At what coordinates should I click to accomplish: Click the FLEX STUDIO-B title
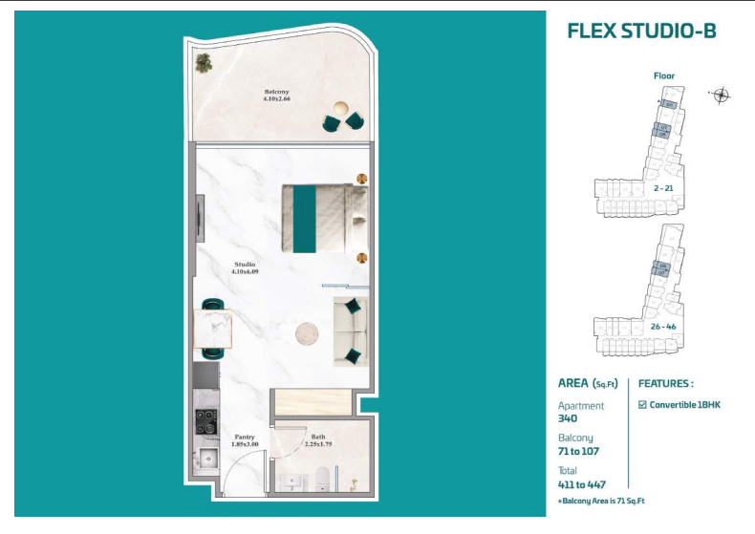point(641,32)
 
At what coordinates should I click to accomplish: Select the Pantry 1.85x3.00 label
point(248,440)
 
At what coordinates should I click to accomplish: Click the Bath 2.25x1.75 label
point(316,440)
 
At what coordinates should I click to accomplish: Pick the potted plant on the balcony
point(204,63)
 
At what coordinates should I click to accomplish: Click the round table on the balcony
point(341,109)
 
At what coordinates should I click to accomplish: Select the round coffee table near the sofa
point(308,334)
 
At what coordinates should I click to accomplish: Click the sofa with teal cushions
point(351,331)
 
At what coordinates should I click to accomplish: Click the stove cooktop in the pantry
point(206,421)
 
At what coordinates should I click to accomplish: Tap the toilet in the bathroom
point(325,478)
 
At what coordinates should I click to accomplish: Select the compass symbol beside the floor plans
point(721,94)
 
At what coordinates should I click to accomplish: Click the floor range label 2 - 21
point(663,188)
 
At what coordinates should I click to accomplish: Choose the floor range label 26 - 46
point(663,326)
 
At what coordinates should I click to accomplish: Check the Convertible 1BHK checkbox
point(642,404)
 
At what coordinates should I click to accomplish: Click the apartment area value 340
point(568,417)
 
